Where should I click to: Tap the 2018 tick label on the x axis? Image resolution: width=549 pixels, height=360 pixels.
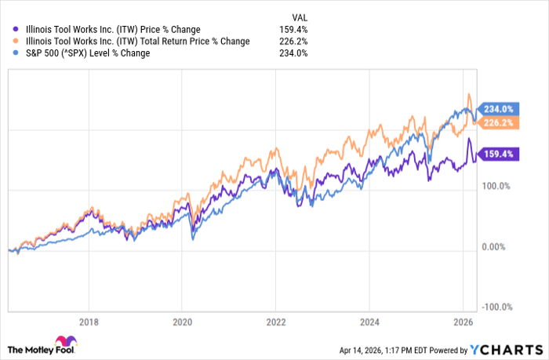pyautogui.click(x=89, y=321)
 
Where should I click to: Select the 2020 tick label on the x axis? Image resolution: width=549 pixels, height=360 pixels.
pyautogui.click(x=182, y=321)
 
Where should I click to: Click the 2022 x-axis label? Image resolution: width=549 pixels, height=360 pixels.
pyautogui.click(x=275, y=321)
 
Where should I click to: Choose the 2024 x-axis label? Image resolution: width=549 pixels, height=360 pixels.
pyautogui.click(x=369, y=321)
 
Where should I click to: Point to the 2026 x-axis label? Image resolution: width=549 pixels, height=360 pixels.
pyautogui.click(x=462, y=321)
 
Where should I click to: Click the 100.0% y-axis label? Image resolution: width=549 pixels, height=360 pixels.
pyautogui.click(x=496, y=187)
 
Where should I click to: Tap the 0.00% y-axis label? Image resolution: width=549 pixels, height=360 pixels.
pyautogui.click(x=496, y=247)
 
